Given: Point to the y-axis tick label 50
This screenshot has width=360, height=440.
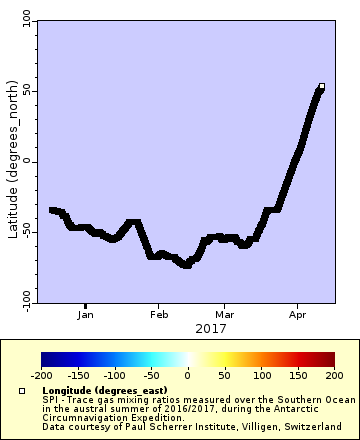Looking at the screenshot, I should [26, 91].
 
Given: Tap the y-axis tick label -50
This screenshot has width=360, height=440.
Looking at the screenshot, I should [26, 231].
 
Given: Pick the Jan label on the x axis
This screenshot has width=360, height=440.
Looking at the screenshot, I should [86, 314].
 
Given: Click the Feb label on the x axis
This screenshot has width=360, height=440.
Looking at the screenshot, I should [158, 314].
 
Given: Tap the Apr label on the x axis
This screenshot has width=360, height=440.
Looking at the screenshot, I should [296, 314].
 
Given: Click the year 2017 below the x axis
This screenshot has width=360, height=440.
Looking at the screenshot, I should [210, 328].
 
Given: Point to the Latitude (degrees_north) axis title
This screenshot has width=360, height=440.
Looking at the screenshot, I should [11, 161].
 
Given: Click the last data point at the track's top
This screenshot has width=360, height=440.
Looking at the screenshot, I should [321, 87].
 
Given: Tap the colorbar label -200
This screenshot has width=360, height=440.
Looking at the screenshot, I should [41, 375].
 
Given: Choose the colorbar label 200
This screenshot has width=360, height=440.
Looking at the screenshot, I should [334, 375].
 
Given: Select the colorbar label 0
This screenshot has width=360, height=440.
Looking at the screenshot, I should [187, 375].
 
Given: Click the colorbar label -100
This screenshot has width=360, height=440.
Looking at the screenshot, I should [114, 375].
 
